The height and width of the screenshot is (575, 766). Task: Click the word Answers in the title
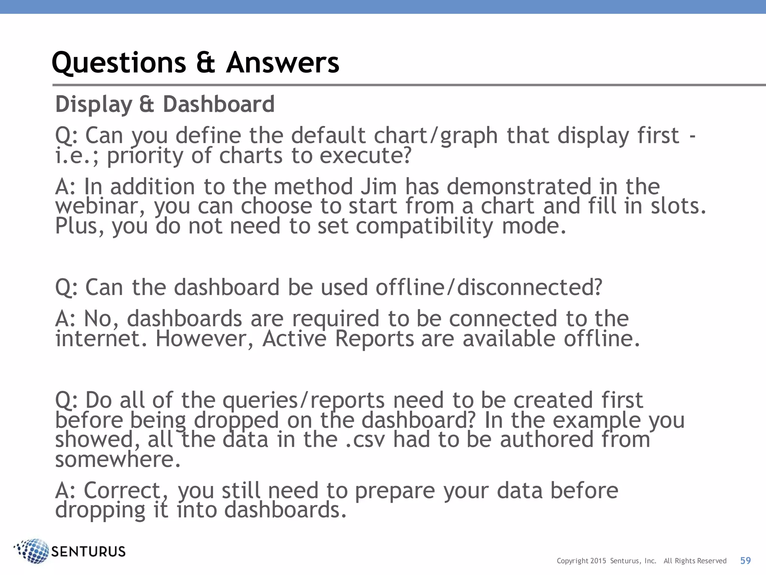pyautogui.click(x=282, y=63)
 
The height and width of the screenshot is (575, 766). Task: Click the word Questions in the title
pyautogui.click(x=119, y=63)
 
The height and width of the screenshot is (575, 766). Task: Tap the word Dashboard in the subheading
pyautogui.click(x=219, y=104)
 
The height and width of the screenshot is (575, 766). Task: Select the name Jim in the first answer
pyautogui.click(x=379, y=186)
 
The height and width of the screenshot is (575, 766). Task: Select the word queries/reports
pyautogui.click(x=304, y=400)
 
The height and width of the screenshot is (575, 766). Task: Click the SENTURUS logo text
pyautogui.click(x=88, y=551)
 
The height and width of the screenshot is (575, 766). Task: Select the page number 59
pyautogui.click(x=745, y=560)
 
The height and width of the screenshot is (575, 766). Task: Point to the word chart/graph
pyautogui.click(x=436, y=136)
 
